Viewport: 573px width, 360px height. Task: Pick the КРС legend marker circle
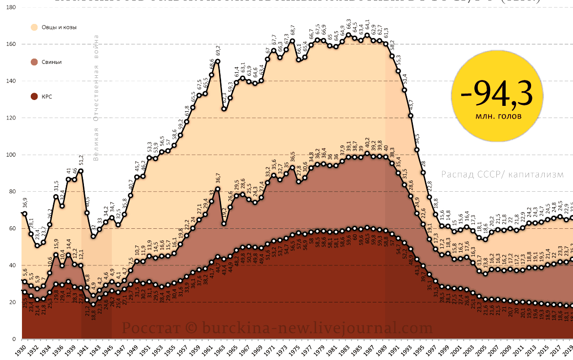(x=34, y=97)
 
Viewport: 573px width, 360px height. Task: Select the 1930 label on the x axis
(x=20, y=350)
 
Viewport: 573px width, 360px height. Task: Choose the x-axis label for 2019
(x=568, y=350)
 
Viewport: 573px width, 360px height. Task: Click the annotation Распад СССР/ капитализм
(x=502, y=174)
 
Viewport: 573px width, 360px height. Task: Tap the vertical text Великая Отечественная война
(x=96, y=98)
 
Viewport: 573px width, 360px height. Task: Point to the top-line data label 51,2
(x=81, y=160)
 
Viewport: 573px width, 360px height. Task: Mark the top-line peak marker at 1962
(x=218, y=61)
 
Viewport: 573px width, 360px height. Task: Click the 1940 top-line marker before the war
(x=81, y=171)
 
